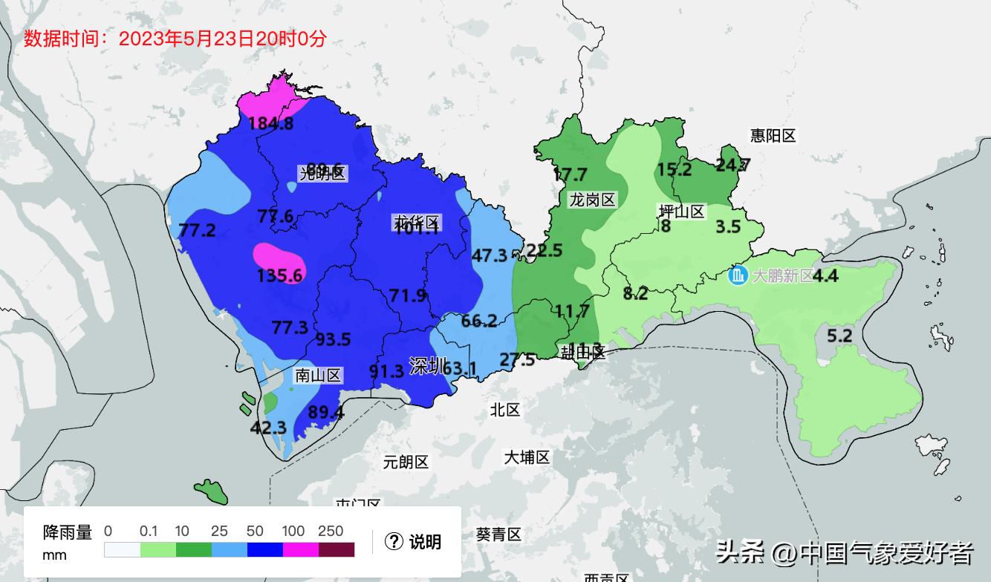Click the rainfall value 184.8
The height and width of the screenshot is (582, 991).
coord(270,124)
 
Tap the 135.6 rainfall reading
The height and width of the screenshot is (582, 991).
coord(279,276)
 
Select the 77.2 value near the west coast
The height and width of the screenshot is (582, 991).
coord(198,231)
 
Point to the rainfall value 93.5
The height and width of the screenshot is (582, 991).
coord(333,339)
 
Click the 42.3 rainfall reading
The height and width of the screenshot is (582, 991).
coord(268,428)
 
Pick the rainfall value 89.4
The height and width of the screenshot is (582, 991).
coord(326,412)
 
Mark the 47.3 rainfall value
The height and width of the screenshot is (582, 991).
coord(490,255)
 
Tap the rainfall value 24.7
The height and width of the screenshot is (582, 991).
coord(732,165)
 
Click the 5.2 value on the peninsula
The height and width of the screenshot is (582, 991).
coord(839,336)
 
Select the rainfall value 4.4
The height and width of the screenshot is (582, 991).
coord(825,276)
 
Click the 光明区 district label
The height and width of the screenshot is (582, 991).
coord(322,174)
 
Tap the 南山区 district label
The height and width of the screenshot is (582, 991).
coord(318,376)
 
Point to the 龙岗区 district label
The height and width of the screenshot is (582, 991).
coord(592,200)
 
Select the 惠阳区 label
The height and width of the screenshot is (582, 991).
coord(773,136)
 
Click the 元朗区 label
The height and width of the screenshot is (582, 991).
coord(406,462)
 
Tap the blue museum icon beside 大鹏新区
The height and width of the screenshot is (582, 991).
coord(738,275)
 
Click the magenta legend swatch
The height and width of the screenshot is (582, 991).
coord(301,549)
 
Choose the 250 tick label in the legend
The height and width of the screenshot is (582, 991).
coord(331,531)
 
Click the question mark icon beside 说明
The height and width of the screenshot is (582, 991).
coord(394,542)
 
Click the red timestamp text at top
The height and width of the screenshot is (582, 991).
coord(175,39)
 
